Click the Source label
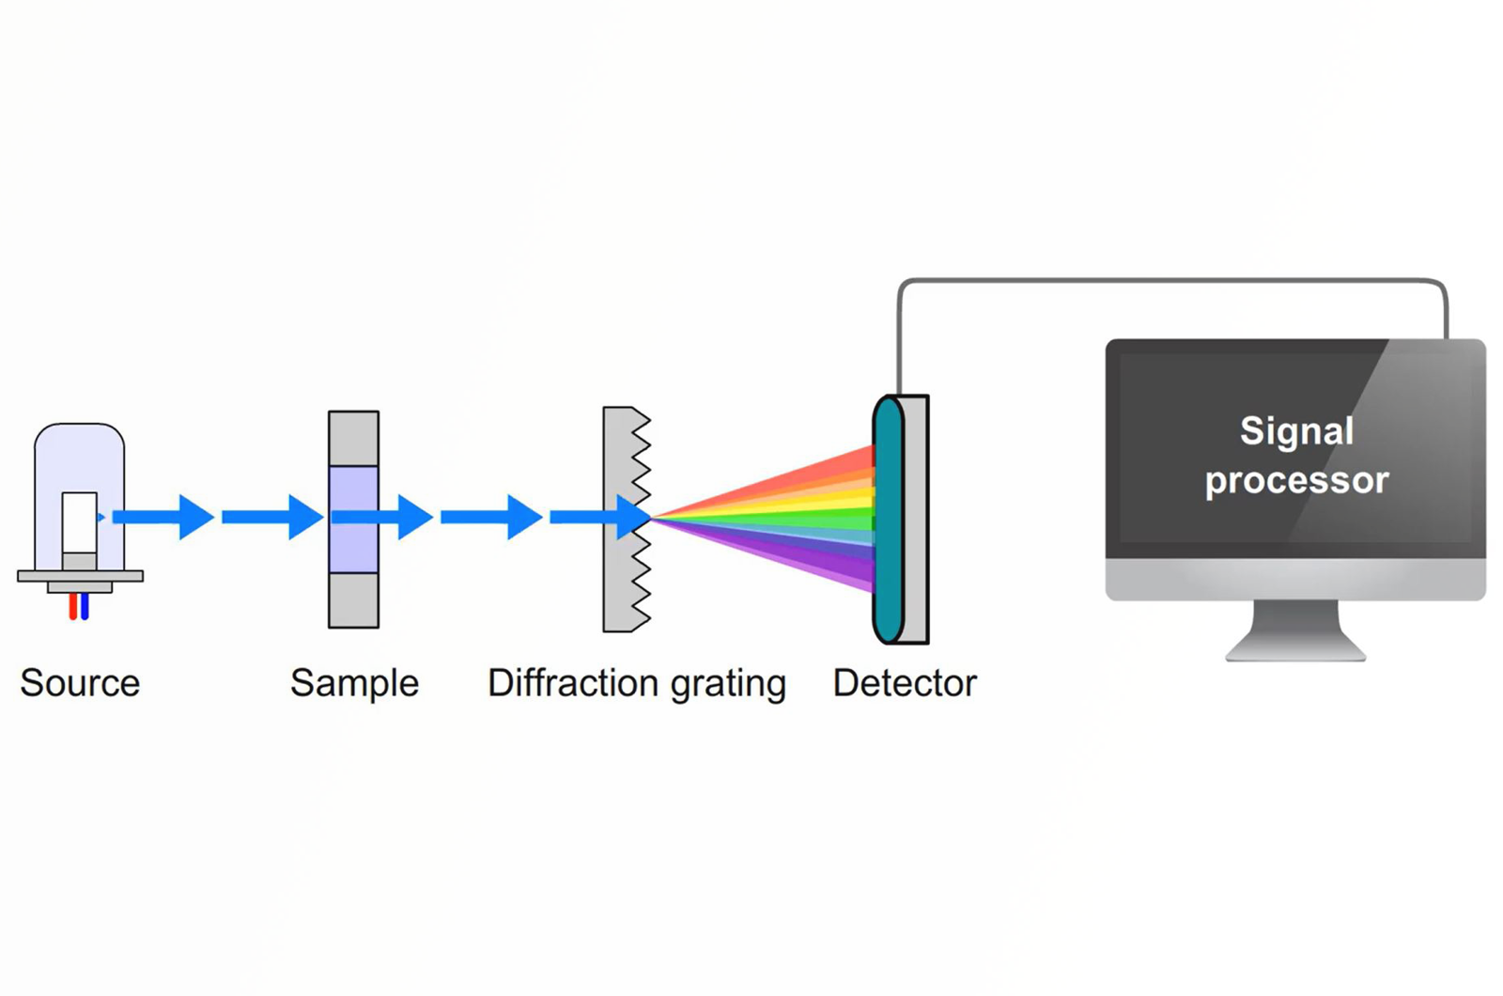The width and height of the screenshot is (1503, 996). click(80, 683)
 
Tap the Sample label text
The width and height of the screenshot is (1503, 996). click(354, 683)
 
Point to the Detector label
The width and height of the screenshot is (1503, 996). click(904, 683)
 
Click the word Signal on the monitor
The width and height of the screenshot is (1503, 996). click(1296, 431)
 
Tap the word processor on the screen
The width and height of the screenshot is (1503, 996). click(1296, 481)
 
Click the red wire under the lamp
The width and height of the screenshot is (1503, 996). click(72, 607)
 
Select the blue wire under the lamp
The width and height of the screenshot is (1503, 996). click(85, 607)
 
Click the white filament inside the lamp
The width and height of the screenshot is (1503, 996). click(79, 521)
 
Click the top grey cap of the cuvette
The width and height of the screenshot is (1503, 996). click(353, 438)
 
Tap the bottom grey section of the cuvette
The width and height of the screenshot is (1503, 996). click(353, 600)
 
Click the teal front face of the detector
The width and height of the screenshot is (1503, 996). click(887, 519)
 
